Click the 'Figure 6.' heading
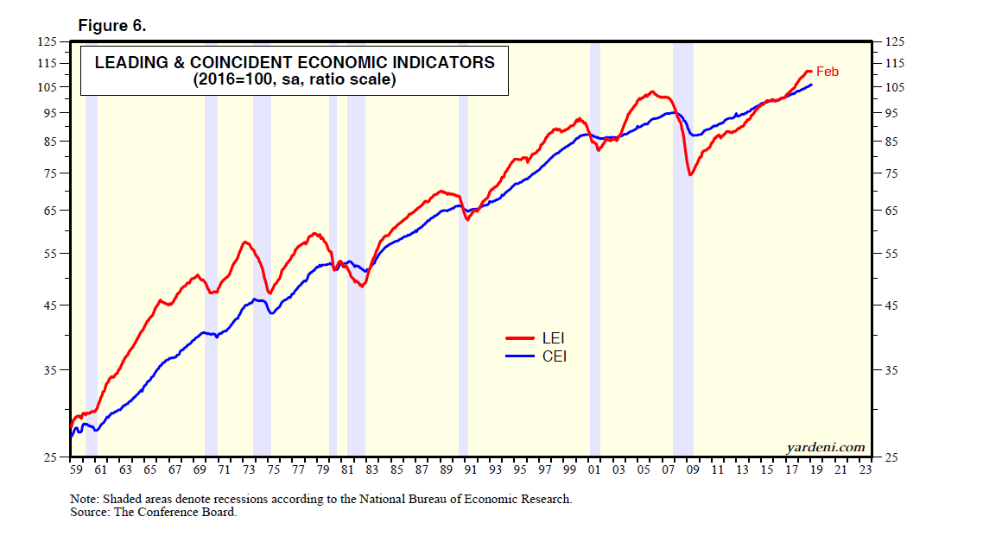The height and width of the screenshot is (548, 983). [112, 26]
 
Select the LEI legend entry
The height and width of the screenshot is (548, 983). [553, 338]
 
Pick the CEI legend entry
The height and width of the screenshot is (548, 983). [553, 356]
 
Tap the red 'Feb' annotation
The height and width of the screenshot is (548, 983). [828, 72]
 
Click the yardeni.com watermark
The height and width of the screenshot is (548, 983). [826, 446]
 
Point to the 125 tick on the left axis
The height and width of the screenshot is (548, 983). [46, 41]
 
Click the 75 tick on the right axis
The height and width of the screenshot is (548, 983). [891, 174]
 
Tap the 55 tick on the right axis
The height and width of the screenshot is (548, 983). [891, 254]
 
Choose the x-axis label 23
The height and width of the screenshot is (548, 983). [866, 470]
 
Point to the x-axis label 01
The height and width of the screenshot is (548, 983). [594, 470]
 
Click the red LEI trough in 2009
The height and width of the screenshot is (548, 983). [690, 175]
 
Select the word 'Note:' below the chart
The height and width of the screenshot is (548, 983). [85, 499]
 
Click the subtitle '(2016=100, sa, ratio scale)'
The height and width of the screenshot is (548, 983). [294, 79]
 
